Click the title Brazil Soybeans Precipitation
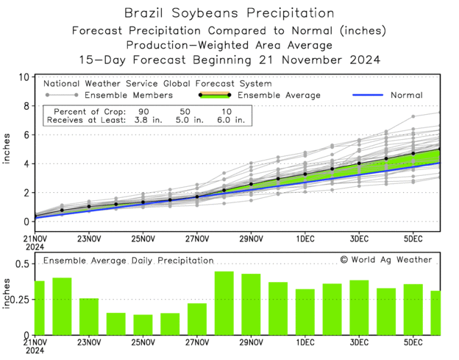229,13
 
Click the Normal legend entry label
405,95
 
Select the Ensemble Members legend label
128,95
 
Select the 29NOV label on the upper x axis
251,239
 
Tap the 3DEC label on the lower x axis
359,342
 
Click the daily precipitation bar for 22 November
62,306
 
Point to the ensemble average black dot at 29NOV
251,184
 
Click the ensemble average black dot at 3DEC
359,163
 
